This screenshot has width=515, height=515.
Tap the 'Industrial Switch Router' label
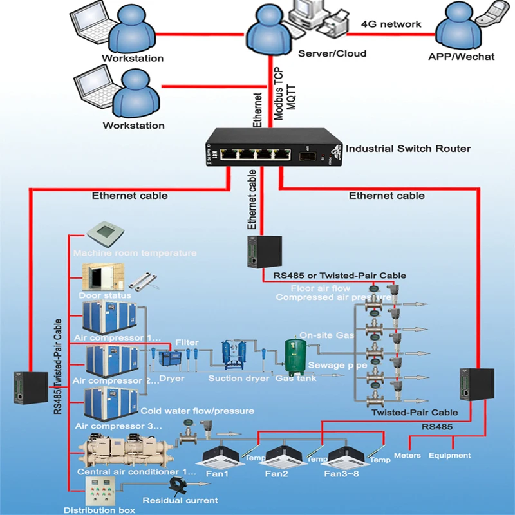408,149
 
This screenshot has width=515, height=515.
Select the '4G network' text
391,24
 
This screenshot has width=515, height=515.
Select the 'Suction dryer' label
238,379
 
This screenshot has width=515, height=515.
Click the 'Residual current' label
180,500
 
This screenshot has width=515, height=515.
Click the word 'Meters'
407,456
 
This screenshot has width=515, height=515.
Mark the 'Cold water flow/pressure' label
197,411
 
